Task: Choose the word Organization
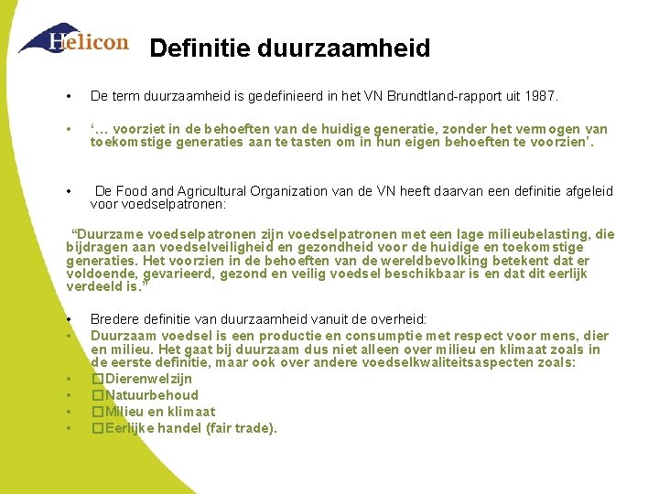click(275, 191)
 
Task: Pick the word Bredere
click(114, 319)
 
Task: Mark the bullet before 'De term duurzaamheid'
click(70, 97)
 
